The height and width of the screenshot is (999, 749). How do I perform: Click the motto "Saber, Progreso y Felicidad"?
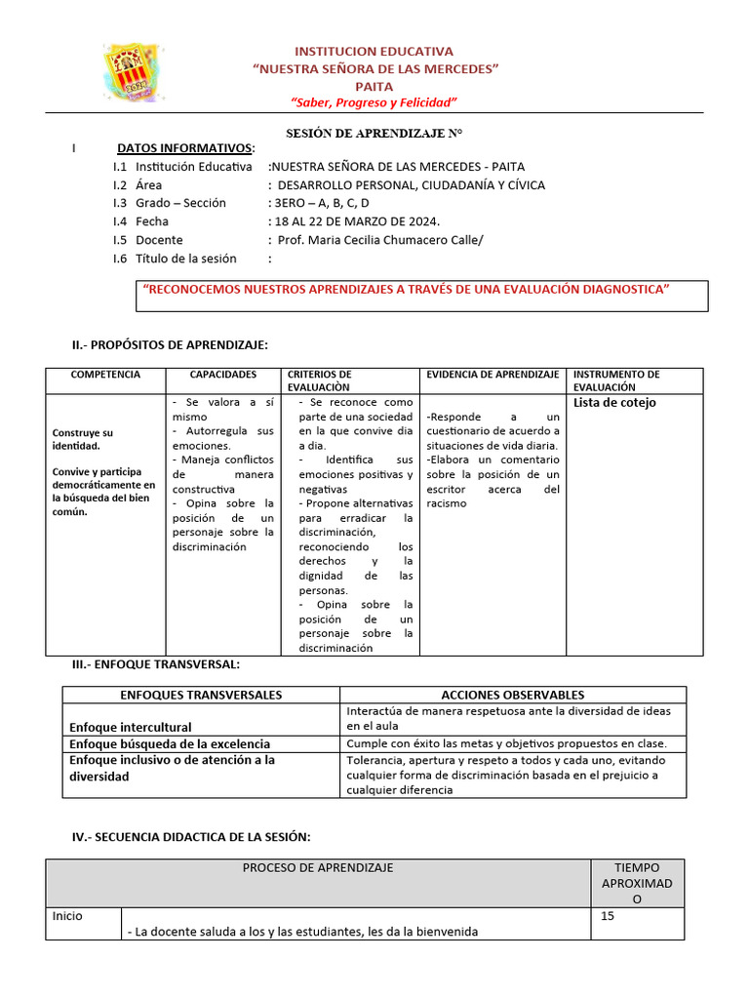[x=374, y=103]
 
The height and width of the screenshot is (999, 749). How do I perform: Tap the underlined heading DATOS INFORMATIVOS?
[x=185, y=148]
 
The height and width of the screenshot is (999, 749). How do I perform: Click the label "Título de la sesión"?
[x=186, y=259]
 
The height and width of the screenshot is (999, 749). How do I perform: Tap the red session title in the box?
[x=406, y=289]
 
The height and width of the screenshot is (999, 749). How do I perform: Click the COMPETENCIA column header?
[x=105, y=375]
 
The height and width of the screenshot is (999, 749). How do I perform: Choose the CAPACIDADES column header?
[x=223, y=375]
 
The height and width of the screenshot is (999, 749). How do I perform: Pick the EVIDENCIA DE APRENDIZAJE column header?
[x=493, y=375]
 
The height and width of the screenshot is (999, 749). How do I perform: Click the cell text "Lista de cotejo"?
[x=614, y=403]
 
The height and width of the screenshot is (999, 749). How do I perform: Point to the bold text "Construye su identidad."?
[x=83, y=438]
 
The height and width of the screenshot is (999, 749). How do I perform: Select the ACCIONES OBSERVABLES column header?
[x=513, y=695]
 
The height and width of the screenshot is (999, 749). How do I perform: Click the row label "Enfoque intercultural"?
[x=131, y=727]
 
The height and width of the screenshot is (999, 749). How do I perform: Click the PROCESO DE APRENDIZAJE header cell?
[x=318, y=867]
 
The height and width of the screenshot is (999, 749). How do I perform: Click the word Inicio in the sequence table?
[x=67, y=916]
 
